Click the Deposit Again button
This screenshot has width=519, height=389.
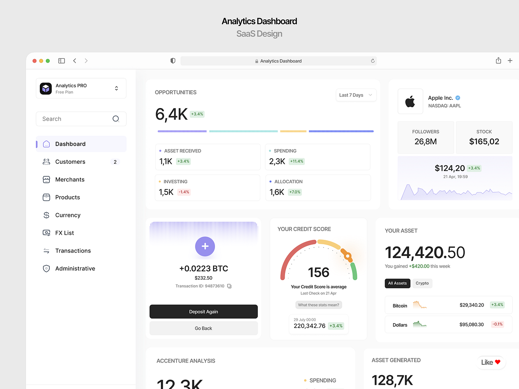(x=203, y=312)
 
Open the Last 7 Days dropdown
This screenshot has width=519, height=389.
(x=356, y=95)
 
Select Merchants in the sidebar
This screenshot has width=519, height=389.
(x=70, y=179)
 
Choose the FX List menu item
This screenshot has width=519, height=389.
(x=64, y=233)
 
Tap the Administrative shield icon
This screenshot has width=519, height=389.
(x=46, y=268)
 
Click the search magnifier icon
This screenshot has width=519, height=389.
(x=116, y=119)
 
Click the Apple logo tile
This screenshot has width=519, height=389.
(x=410, y=102)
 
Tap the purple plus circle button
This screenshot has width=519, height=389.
(x=205, y=246)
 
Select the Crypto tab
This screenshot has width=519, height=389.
(x=422, y=283)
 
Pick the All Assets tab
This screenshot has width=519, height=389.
(x=397, y=283)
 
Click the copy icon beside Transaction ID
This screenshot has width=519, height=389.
(x=229, y=286)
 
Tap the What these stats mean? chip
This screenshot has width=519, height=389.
(x=319, y=305)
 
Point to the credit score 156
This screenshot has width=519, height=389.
(x=319, y=272)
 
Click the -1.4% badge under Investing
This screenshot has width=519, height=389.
(x=184, y=192)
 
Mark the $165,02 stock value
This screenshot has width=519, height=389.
(x=484, y=141)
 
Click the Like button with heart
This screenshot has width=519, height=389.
(x=491, y=362)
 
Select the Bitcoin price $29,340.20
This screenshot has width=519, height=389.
(x=471, y=305)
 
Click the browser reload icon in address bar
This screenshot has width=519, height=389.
(x=373, y=61)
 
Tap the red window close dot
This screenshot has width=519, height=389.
(x=34, y=61)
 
